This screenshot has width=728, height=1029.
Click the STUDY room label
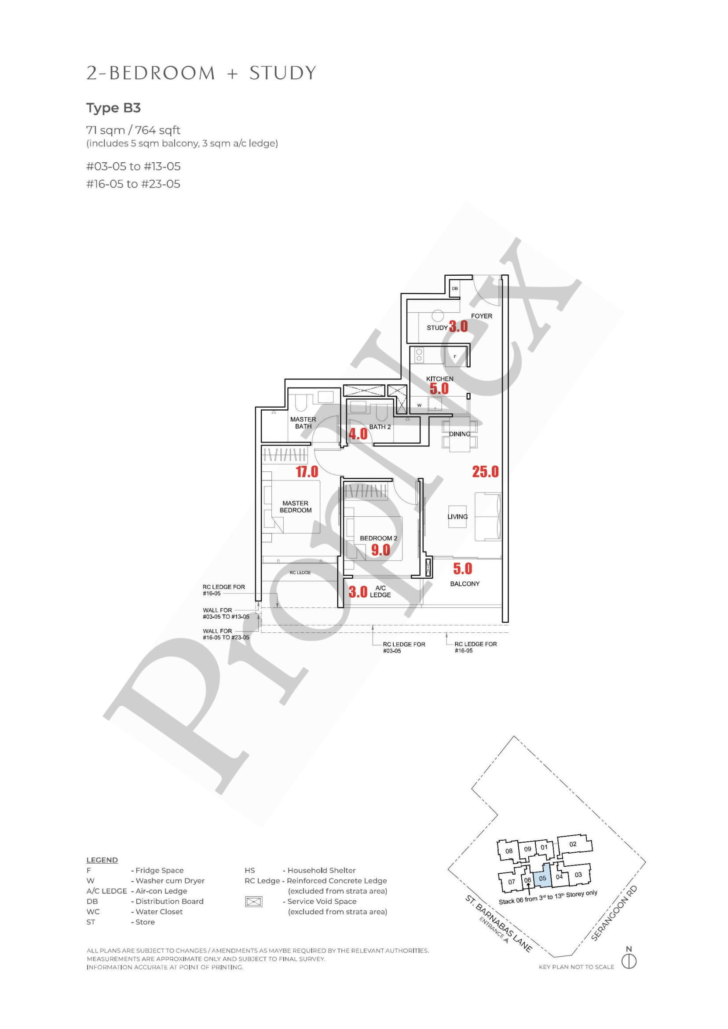click(x=437, y=328)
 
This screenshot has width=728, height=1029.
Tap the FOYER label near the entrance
click(x=482, y=316)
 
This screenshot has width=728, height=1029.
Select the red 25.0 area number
click(x=486, y=471)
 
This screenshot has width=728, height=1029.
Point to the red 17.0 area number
click(x=307, y=471)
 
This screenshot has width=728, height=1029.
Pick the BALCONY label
click(x=465, y=584)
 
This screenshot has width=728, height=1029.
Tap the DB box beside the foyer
click(x=455, y=288)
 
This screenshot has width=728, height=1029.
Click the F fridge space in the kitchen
click(x=455, y=356)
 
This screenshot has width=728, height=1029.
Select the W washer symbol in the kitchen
click(x=420, y=405)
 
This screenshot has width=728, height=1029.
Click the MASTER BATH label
click(x=303, y=423)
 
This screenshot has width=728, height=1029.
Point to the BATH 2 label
click(x=380, y=427)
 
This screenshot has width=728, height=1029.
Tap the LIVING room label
click(x=457, y=517)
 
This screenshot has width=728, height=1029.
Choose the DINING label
click(x=460, y=434)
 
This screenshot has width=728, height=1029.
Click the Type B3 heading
click(x=113, y=108)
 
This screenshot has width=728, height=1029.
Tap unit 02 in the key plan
click(x=573, y=844)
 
